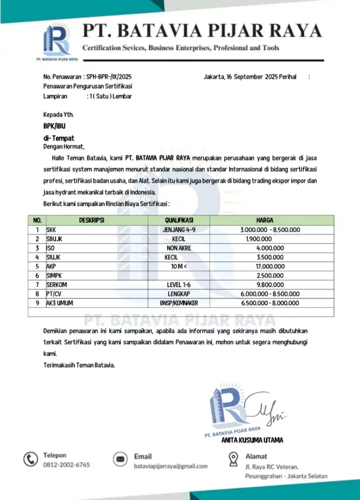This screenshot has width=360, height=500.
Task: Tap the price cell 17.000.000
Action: pyautogui.click(x=270, y=266)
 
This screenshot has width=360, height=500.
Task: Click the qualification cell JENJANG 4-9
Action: pyautogui.click(x=179, y=229)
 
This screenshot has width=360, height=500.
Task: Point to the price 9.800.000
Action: pyautogui.click(x=270, y=284)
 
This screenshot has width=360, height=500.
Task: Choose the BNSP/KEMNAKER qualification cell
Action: pyautogui.click(x=179, y=303)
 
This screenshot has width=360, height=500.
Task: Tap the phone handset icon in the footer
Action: pyautogui.click(x=31, y=459)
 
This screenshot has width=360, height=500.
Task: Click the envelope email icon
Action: pyautogui.click(x=120, y=459)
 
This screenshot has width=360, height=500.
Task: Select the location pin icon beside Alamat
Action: pyautogui.click(x=232, y=458)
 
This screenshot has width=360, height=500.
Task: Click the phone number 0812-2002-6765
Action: pyautogui.click(x=66, y=465)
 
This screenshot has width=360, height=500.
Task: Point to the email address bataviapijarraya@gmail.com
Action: pyautogui.click(x=170, y=466)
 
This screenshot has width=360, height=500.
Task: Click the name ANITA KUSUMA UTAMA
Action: pyautogui.click(x=252, y=440)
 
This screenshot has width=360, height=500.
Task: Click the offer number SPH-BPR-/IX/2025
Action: pyautogui.click(x=109, y=77)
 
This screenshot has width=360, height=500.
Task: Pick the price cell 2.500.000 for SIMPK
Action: pyautogui.click(x=270, y=275)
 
